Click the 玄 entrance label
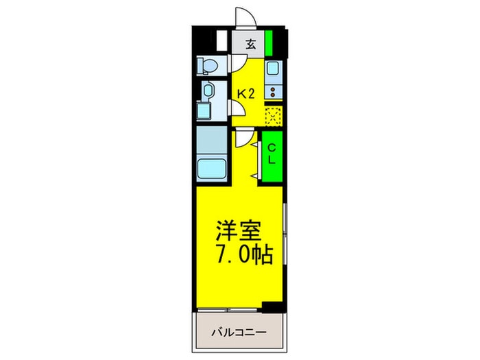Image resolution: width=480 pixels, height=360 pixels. (x=250, y=45)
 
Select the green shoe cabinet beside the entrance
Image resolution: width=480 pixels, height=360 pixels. (x=269, y=43)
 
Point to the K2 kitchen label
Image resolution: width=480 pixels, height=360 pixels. (x=246, y=94)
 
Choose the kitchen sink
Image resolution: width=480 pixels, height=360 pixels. (x=273, y=69)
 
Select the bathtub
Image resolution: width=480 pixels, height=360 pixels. (x=212, y=167)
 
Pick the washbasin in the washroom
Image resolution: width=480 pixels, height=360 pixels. (x=208, y=91)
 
